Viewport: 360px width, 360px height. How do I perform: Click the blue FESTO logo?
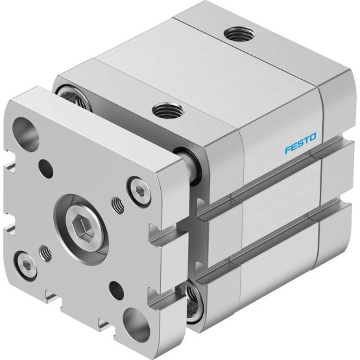coord(300,143)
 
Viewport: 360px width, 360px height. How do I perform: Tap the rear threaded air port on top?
coord(239,34)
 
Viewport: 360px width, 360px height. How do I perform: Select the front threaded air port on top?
coord(168,110)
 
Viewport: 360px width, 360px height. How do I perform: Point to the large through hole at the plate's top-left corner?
coord(26,134)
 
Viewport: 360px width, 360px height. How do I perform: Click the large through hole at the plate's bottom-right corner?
coord(136,326)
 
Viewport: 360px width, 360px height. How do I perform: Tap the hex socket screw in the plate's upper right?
coord(139,190)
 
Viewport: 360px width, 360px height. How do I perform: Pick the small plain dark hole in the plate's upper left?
coord(46,167)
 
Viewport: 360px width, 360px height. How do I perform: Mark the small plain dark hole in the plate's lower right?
coord(116,289)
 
